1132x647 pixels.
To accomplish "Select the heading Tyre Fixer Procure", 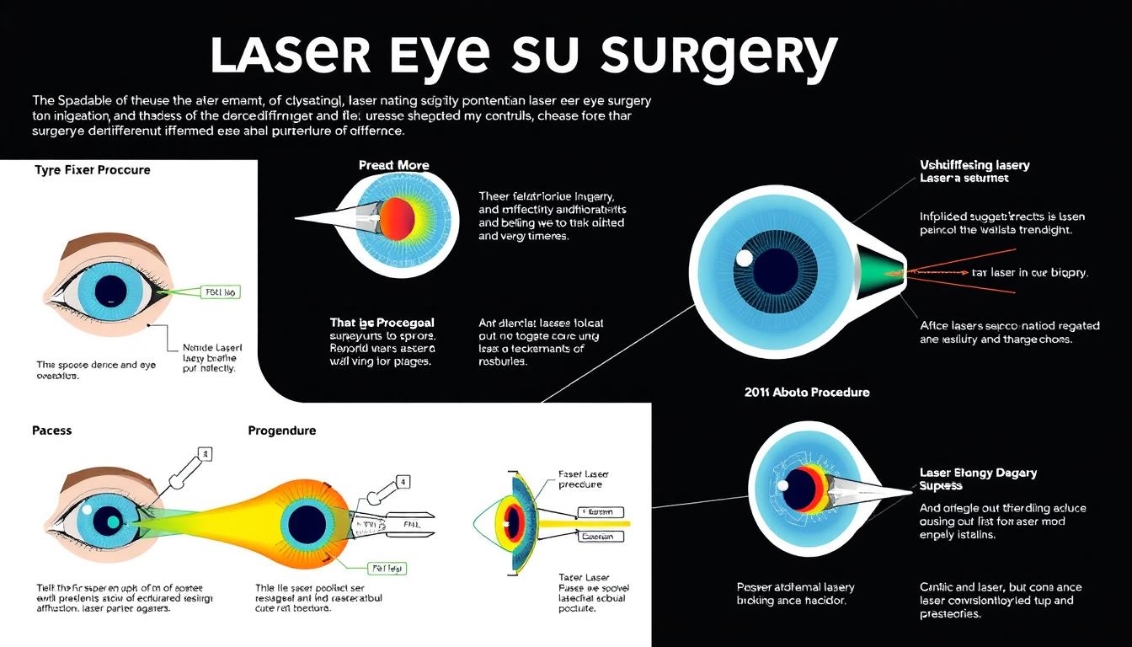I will coord(93,169).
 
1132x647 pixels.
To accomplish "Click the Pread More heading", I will coord(393,165).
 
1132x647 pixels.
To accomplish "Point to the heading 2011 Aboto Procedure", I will coord(807,392).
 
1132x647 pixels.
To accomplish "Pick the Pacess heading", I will coord(51,430).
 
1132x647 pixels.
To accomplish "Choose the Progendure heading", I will coord(282,430).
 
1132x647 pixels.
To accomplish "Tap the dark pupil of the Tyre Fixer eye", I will coord(110,291).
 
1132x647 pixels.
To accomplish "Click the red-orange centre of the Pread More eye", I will coord(397,219).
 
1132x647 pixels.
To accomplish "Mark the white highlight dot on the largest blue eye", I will coord(745,258).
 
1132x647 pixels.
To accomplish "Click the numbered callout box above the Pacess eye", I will coord(204,454).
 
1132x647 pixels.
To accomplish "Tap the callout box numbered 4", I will coord(403,483).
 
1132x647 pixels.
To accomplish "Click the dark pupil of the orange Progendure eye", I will coord(307,525).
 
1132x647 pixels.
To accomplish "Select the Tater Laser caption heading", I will coord(583,577).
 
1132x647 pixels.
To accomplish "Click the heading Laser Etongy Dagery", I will coord(978,473).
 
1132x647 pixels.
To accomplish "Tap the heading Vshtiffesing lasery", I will coord(974,165).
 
